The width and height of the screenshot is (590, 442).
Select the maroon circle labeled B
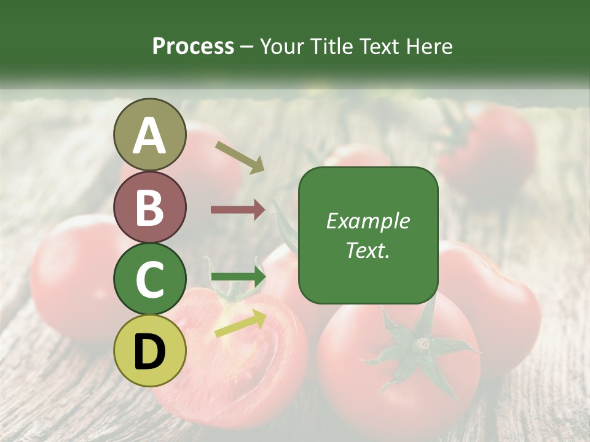point(149,207)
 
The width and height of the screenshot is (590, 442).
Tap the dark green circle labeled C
point(149,279)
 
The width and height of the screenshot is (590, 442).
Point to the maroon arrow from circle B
point(237,210)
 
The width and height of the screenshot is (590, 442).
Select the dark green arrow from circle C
point(237,277)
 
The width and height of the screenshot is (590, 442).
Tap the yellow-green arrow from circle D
point(240,324)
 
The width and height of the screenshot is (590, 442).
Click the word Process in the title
point(193,47)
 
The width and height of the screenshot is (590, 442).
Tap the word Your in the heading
point(282,47)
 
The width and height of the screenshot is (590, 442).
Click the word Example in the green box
point(368,221)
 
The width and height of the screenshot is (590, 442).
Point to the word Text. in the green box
point(368,250)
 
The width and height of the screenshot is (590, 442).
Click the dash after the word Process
point(247,47)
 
